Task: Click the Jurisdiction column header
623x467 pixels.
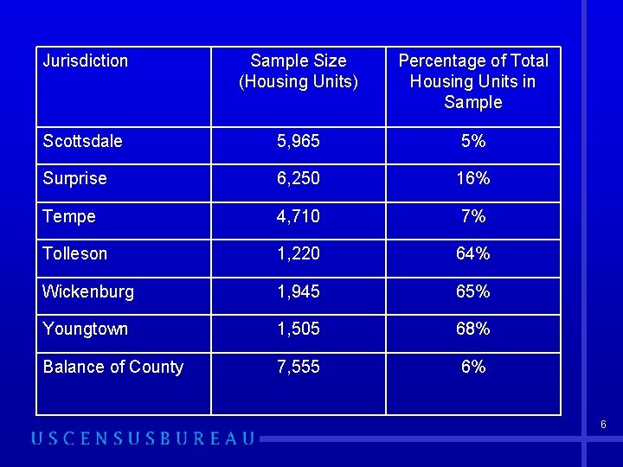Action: click(x=85, y=61)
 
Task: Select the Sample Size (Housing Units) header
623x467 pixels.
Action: click(x=298, y=71)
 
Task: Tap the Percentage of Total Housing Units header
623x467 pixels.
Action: click(x=472, y=81)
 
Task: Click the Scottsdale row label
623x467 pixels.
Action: click(x=82, y=141)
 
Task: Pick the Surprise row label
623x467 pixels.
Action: click(x=74, y=178)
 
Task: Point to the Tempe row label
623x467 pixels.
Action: click(x=69, y=216)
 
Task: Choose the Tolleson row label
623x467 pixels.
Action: click(x=75, y=253)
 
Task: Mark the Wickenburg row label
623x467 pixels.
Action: click(x=88, y=291)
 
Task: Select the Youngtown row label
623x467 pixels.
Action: click(x=85, y=329)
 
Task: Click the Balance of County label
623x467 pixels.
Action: click(x=112, y=367)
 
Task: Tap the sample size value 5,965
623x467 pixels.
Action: click(x=298, y=141)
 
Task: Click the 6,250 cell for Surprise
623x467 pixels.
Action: click(x=298, y=178)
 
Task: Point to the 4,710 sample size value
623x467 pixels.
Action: click(x=298, y=216)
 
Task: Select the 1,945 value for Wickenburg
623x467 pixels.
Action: click(x=298, y=291)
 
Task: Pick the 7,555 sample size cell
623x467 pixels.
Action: click(x=298, y=367)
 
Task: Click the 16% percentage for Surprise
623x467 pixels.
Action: click(x=473, y=178)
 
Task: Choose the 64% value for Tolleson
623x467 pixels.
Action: click(x=473, y=253)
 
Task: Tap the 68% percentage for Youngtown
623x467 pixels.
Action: click(x=473, y=329)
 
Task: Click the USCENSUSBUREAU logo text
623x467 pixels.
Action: click(x=143, y=438)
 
